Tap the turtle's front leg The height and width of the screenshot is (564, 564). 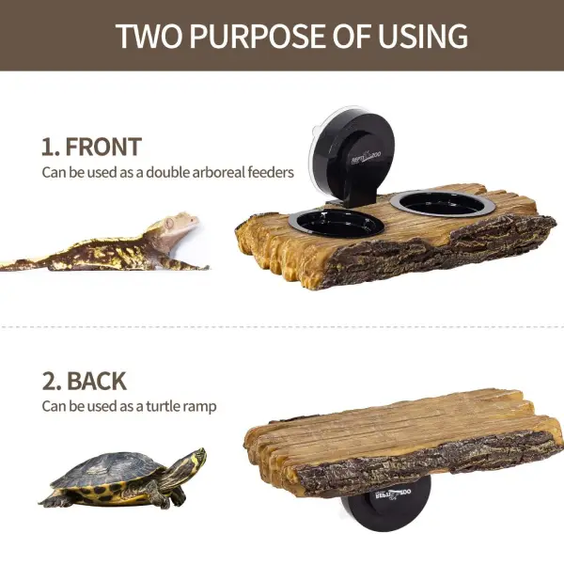tap(154, 494)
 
